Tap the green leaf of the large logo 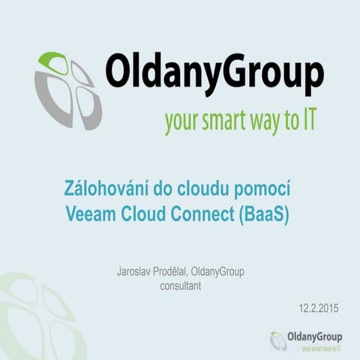(53, 62)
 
